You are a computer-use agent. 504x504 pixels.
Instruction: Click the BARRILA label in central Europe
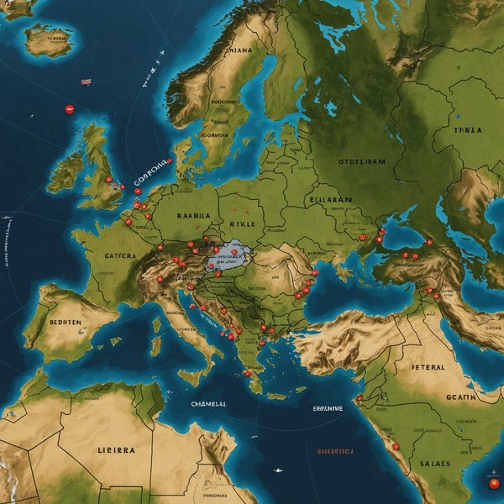point(192,215)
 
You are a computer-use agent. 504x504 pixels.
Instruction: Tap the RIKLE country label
point(246,224)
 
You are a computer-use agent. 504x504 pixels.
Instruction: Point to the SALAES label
point(435,463)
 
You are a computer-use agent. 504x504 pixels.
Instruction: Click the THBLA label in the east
point(467,130)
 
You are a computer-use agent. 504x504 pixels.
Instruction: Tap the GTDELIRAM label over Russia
point(363,160)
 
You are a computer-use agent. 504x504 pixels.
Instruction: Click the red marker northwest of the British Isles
point(70,108)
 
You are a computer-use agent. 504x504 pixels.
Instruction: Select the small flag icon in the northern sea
point(86,81)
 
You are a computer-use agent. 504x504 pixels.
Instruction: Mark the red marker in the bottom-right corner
point(493,484)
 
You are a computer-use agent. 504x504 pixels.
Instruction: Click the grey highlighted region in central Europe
point(228,255)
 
